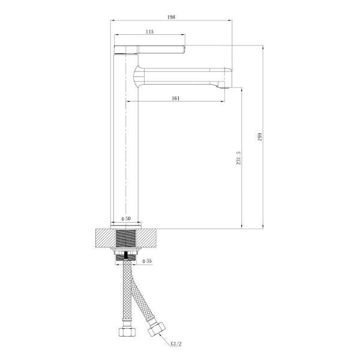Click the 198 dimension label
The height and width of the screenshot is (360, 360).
[x=171, y=17]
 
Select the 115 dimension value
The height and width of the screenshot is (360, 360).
[x=149, y=31]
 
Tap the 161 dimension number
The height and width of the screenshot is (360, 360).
[x=176, y=98]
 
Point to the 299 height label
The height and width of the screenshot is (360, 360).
[x=259, y=137]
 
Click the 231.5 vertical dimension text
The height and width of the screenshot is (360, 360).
[x=239, y=158]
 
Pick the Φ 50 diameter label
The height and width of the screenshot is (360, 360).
[x=126, y=218]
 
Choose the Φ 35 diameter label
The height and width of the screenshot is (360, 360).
[x=147, y=261]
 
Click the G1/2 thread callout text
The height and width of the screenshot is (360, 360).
[x=176, y=344]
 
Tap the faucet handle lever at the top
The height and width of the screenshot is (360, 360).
[x=149, y=50]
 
